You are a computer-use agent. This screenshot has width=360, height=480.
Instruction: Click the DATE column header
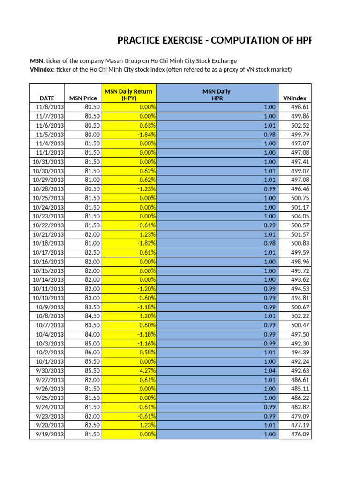coord(46,98)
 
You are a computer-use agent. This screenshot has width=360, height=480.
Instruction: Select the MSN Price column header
coord(83,98)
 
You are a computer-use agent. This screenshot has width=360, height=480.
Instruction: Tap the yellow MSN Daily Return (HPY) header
coord(128,95)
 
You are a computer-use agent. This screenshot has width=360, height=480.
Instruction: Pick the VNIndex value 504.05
coord(300,216)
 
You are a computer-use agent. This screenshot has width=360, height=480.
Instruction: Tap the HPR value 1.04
coord(269,370)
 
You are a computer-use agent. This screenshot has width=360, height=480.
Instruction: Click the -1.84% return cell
coord(147,134)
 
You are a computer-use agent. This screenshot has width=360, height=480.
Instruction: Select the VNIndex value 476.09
coord(300,434)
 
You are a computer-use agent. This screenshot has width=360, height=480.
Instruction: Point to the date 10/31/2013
coord(48,161)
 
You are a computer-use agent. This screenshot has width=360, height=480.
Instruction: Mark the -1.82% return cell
coord(147,243)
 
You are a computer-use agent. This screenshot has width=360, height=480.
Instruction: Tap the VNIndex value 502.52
coord(300,125)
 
